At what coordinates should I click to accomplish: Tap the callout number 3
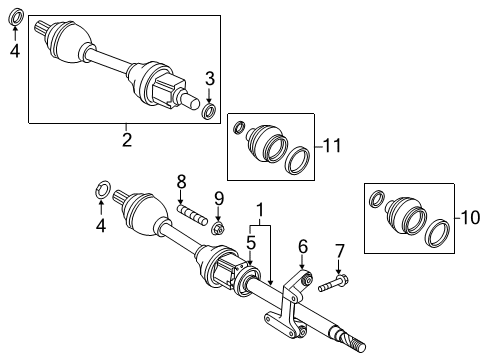pos(210,78)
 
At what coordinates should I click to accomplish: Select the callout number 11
pos(332,145)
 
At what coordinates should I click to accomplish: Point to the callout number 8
pos(181,181)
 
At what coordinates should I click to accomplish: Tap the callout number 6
pos(302,245)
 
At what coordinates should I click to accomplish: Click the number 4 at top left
pos(15,50)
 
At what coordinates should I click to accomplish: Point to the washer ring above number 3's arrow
pos(210,110)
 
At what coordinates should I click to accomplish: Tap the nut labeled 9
pos(218,228)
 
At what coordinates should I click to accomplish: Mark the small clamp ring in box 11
pos(239,126)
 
